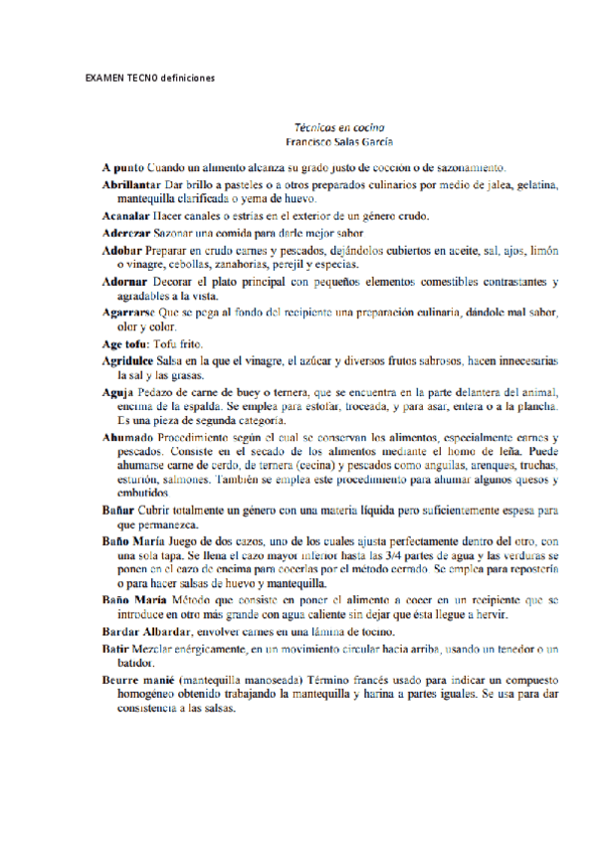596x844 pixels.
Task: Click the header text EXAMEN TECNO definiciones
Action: pyautogui.click(x=150, y=78)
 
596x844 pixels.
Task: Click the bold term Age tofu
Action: pyautogui.click(x=124, y=342)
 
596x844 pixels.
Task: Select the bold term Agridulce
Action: pyautogui.click(x=128, y=359)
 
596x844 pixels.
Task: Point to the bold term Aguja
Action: pyautogui.click(x=116, y=391)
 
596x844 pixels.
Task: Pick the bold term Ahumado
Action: pyautogui.click(x=125, y=438)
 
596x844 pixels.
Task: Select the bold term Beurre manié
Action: pyautogui.click(x=136, y=680)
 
